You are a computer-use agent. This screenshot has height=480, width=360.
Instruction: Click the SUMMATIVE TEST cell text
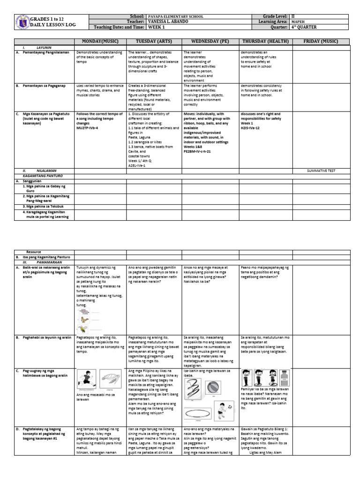pos(320,171)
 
